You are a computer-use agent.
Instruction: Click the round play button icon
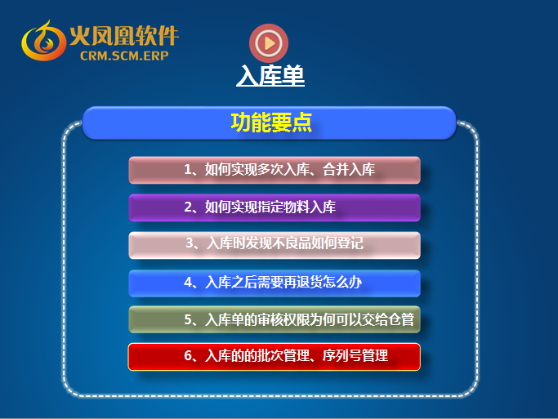[x=269, y=43]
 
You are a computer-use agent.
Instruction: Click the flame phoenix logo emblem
[x=43, y=41]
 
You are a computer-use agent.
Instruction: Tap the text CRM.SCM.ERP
[x=124, y=56]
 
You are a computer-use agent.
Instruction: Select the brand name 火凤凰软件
[x=124, y=36]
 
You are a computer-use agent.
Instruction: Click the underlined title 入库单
[x=270, y=76]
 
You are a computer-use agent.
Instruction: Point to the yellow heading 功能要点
[x=271, y=123]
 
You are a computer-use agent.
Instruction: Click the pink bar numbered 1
[x=275, y=170]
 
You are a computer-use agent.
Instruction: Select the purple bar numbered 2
[x=275, y=207]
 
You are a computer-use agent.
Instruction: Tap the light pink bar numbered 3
[x=275, y=245]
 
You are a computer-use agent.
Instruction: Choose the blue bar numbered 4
[x=275, y=283]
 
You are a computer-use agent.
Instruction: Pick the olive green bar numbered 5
[x=275, y=319]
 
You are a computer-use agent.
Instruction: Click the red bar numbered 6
[x=275, y=357]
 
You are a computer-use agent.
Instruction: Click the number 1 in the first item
[x=188, y=170]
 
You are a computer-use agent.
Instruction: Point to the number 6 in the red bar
[x=188, y=355]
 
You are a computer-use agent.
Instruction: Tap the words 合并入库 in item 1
[x=349, y=170]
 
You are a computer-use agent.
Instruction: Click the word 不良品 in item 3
[x=292, y=243]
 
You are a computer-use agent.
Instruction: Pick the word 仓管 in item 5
[x=401, y=319]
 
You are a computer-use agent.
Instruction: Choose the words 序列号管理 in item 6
[x=355, y=355]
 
